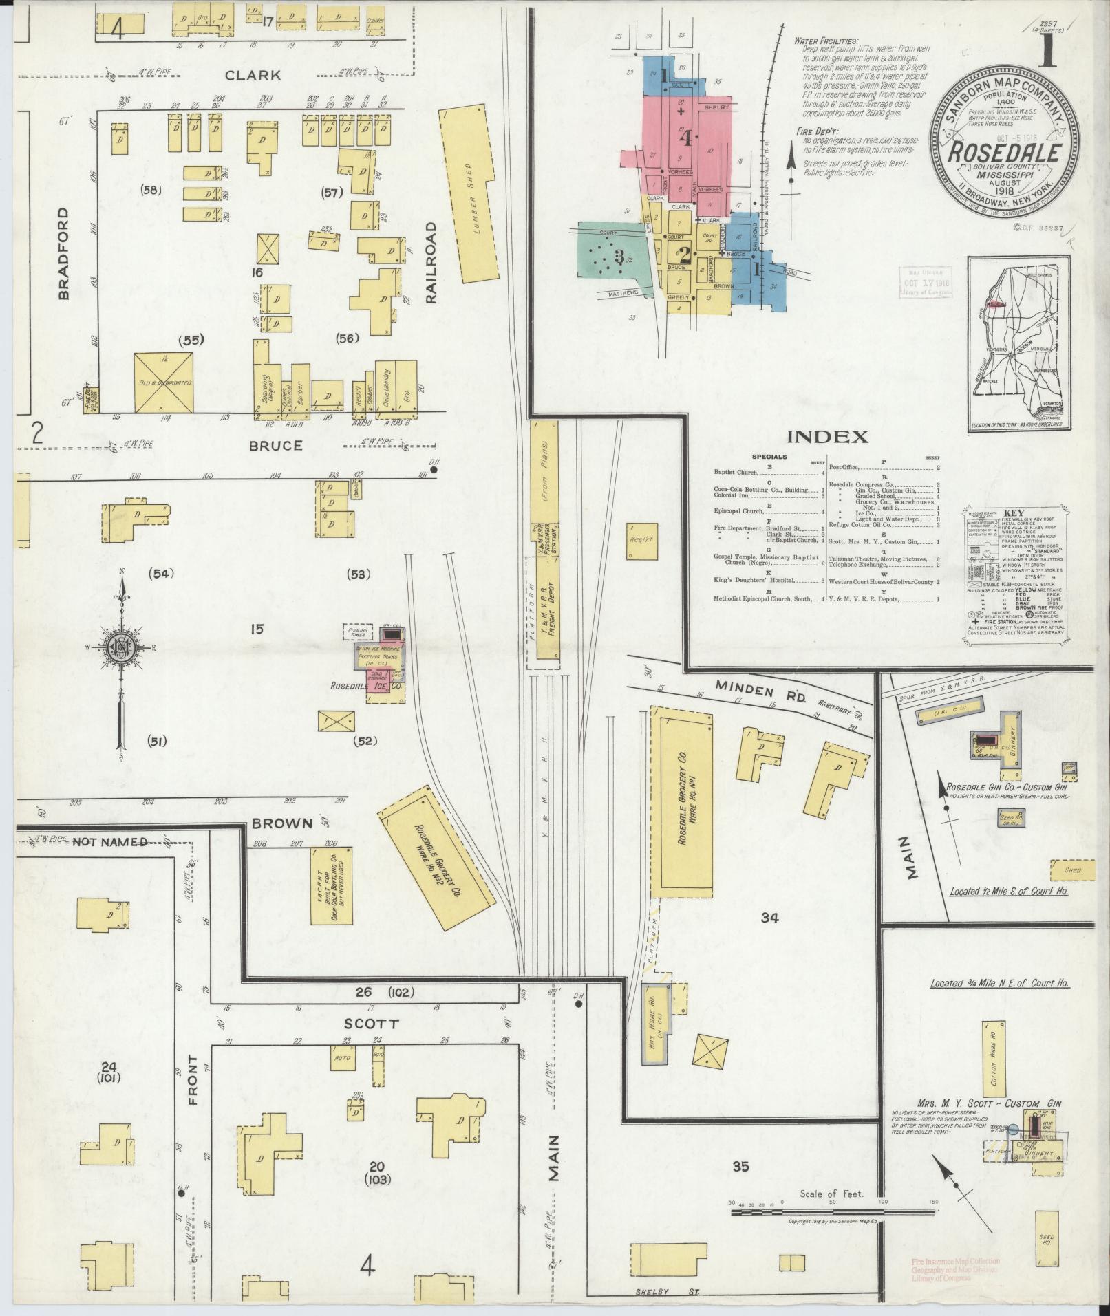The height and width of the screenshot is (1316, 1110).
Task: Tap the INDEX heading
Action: coord(826,436)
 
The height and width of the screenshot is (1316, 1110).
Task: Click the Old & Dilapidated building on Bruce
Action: coord(163,383)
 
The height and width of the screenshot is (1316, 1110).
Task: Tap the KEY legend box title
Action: coord(1014,513)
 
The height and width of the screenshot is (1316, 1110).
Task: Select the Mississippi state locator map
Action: coord(1018,344)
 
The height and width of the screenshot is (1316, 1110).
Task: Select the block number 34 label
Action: coord(769,917)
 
